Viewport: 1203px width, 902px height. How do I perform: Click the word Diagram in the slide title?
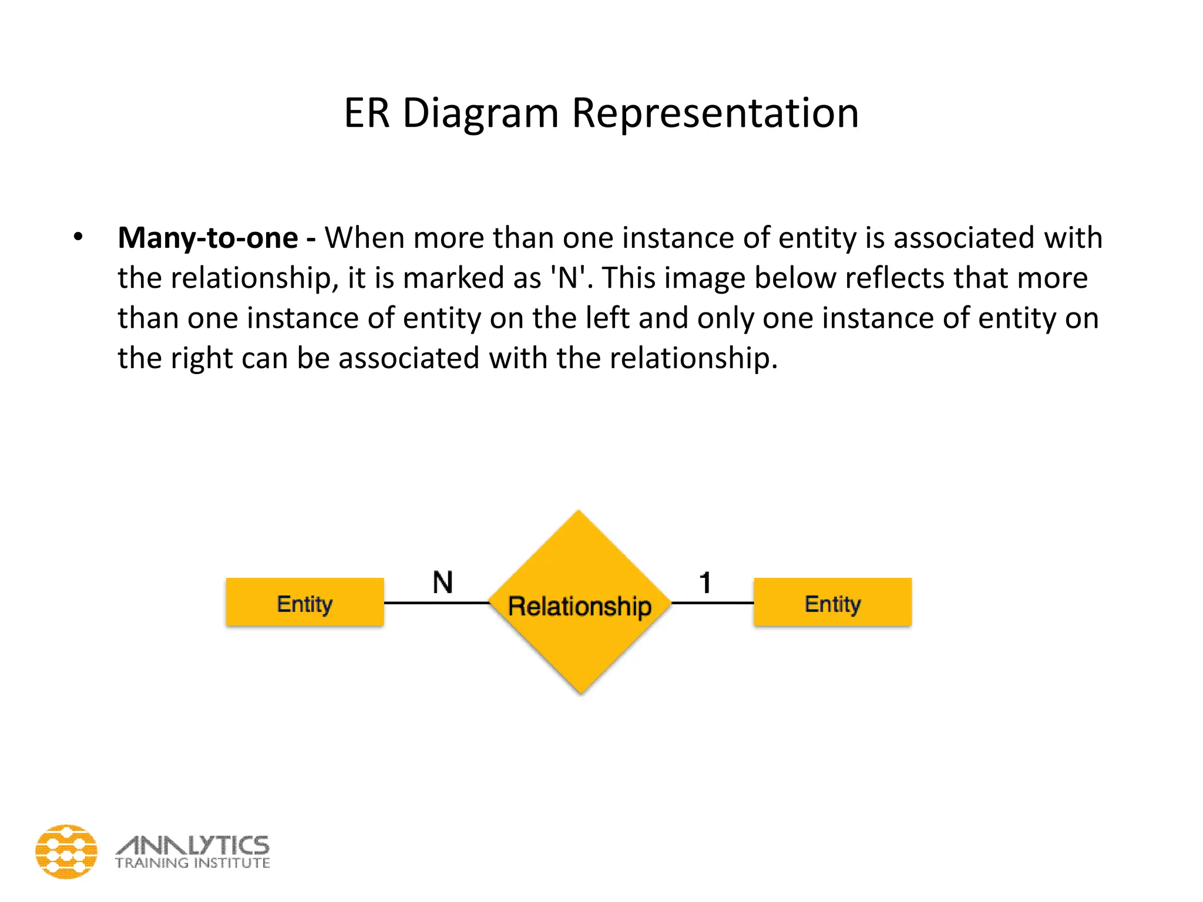tap(480, 113)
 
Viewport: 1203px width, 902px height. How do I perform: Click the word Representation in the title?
tap(715, 113)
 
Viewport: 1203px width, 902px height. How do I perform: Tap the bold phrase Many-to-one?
tap(207, 238)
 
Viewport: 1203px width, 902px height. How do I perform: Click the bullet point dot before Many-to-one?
tap(78, 237)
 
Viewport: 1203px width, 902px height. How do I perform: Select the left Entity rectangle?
tap(305, 603)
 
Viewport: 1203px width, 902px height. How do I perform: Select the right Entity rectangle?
tap(832, 603)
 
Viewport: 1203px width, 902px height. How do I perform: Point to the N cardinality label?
tap(443, 583)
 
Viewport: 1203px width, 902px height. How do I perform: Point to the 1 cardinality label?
tap(705, 583)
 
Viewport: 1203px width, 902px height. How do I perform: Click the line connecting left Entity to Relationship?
tap(436, 603)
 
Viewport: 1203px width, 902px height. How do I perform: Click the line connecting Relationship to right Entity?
tap(712, 603)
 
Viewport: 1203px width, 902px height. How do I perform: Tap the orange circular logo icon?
tap(66, 851)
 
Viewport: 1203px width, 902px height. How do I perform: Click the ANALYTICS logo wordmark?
tap(193, 845)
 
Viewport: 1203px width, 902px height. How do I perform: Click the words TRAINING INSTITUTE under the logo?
tap(193, 863)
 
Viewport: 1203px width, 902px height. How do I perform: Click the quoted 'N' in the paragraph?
tap(567, 278)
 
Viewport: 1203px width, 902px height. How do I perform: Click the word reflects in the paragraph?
tap(899, 278)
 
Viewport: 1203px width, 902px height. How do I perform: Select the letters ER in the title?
tap(367, 113)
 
